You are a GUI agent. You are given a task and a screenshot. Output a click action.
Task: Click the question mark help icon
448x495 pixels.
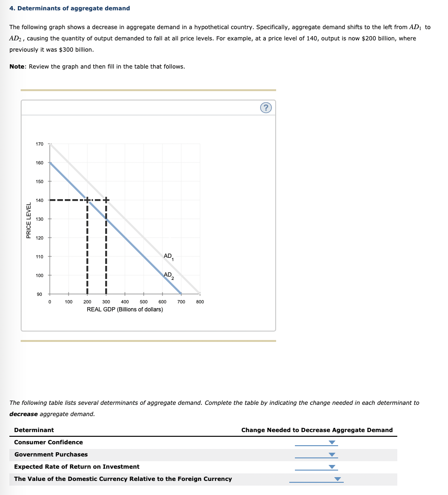(x=266, y=108)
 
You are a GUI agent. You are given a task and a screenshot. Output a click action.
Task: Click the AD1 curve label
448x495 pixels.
(x=168, y=256)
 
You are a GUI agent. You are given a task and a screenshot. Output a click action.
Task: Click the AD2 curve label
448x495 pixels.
(x=168, y=276)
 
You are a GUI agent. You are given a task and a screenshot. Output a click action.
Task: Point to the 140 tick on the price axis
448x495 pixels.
(x=39, y=200)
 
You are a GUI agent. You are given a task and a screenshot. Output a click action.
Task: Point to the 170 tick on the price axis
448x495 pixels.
(x=39, y=144)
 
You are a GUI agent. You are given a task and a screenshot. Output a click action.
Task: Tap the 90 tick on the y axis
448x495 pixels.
(x=39, y=294)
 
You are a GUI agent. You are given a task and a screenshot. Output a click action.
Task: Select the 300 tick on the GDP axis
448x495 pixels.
(x=106, y=302)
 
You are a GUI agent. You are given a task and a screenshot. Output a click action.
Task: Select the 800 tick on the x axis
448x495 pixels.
(x=200, y=302)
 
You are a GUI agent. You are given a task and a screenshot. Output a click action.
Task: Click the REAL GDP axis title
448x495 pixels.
(x=125, y=309)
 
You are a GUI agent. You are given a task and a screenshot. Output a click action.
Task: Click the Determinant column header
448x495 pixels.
(x=34, y=430)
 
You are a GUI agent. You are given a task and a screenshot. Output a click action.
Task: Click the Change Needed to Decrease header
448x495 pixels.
(x=317, y=430)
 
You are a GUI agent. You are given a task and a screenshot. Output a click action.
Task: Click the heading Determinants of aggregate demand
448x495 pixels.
(x=70, y=8)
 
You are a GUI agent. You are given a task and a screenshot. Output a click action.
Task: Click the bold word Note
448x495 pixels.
(x=17, y=66)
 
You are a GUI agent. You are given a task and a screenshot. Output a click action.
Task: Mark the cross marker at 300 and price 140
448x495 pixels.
(x=106, y=200)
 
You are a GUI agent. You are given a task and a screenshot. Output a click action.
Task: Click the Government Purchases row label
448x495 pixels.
(x=51, y=454)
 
